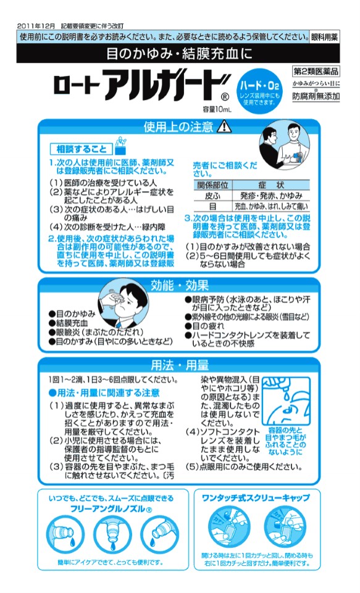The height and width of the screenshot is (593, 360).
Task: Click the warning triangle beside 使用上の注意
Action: [x=224, y=126]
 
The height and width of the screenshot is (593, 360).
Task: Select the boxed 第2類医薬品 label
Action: [x=316, y=71]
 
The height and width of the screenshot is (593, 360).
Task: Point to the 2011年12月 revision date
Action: [x=36, y=26]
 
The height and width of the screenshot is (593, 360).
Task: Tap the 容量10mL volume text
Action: [x=217, y=109]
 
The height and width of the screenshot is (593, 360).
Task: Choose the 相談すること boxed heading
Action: [x=82, y=149]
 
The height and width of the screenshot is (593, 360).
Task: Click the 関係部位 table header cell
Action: [x=213, y=185]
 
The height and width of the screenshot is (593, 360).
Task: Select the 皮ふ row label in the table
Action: [x=213, y=196]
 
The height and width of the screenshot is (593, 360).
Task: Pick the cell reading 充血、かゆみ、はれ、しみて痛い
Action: [x=271, y=206]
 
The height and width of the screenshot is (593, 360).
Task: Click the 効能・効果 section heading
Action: [x=180, y=286]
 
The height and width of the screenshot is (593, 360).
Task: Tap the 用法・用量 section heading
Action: [x=180, y=365]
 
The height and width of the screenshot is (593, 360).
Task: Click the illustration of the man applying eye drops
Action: [x=123, y=304]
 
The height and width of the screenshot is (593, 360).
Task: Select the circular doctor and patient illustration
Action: [x=284, y=144]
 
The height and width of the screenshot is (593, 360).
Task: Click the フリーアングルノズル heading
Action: [x=111, y=508]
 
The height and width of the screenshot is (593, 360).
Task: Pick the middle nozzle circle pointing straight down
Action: [x=112, y=534]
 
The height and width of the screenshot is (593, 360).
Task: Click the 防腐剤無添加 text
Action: [x=316, y=96]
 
